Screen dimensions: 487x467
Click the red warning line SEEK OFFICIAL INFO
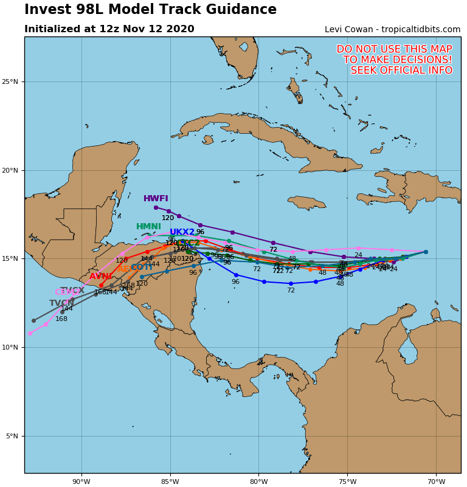401,71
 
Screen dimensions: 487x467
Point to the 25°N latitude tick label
10,81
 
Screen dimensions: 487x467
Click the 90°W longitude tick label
81,482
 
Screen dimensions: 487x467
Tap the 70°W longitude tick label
436,482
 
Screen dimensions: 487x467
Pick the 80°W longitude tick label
258,482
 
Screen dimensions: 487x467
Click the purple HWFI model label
156,199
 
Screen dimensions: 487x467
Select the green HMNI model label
148,227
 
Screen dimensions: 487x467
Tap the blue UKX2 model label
182,232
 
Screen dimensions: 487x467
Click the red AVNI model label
100,277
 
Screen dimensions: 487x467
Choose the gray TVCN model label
62,303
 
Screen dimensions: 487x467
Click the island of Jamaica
306,202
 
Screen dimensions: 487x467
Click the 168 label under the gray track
61,319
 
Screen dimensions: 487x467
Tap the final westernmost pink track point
30,333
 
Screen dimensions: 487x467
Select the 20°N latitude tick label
10,170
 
